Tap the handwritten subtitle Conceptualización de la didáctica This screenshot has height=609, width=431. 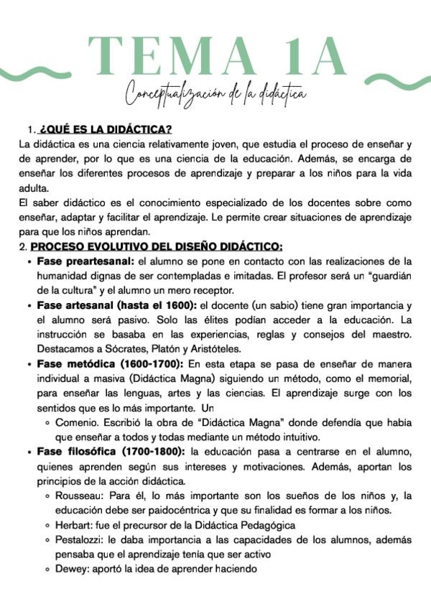tap(215, 94)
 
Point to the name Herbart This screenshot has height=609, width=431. tap(75, 526)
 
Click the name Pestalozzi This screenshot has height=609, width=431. tap(79, 540)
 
